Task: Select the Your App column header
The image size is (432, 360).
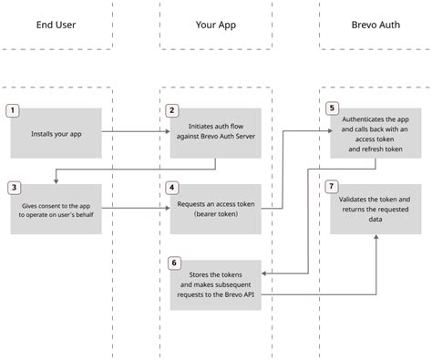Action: [215, 25]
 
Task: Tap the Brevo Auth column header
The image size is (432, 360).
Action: [375, 25]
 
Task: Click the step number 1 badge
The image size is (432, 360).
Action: [13, 110]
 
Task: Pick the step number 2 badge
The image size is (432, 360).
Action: [171, 110]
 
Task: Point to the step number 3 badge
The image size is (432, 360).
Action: [13, 188]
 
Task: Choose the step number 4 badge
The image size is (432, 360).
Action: [171, 188]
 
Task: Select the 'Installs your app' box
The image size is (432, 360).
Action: [57, 133]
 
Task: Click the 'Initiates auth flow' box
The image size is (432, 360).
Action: [216, 133]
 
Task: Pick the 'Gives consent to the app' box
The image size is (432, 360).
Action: [57, 211]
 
